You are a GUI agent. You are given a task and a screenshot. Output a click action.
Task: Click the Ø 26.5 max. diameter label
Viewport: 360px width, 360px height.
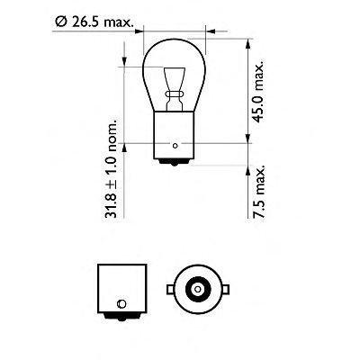coord(94,22)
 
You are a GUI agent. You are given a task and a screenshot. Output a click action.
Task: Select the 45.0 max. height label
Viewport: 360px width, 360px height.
coord(258,92)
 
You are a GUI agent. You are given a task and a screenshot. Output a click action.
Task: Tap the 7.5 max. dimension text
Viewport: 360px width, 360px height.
coord(258,191)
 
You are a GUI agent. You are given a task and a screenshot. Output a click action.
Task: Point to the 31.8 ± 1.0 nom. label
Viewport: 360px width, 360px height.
coord(111,169)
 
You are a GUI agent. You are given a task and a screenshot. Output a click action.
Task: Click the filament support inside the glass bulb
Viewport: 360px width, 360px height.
coord(174,89)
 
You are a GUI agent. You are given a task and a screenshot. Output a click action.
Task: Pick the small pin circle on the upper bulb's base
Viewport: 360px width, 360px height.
coord(175,146)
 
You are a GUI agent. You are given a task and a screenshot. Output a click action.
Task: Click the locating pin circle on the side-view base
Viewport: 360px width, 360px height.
coord(122,303)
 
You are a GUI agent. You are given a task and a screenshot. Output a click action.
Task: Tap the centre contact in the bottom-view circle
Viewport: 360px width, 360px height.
coord(197,289)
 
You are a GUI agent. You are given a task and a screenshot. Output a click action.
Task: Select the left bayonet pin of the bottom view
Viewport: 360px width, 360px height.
coord(170,289)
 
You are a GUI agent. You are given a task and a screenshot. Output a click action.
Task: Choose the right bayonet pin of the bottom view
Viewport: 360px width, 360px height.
coord(225,289)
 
